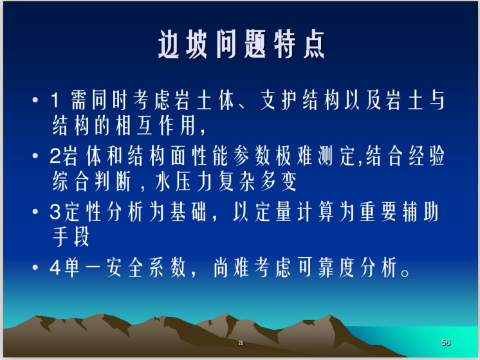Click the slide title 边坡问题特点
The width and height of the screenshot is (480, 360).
click(x=241, y=45)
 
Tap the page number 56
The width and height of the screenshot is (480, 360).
click(x=446, y=343)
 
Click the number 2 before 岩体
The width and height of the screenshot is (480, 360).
click(x=55, y=158)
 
